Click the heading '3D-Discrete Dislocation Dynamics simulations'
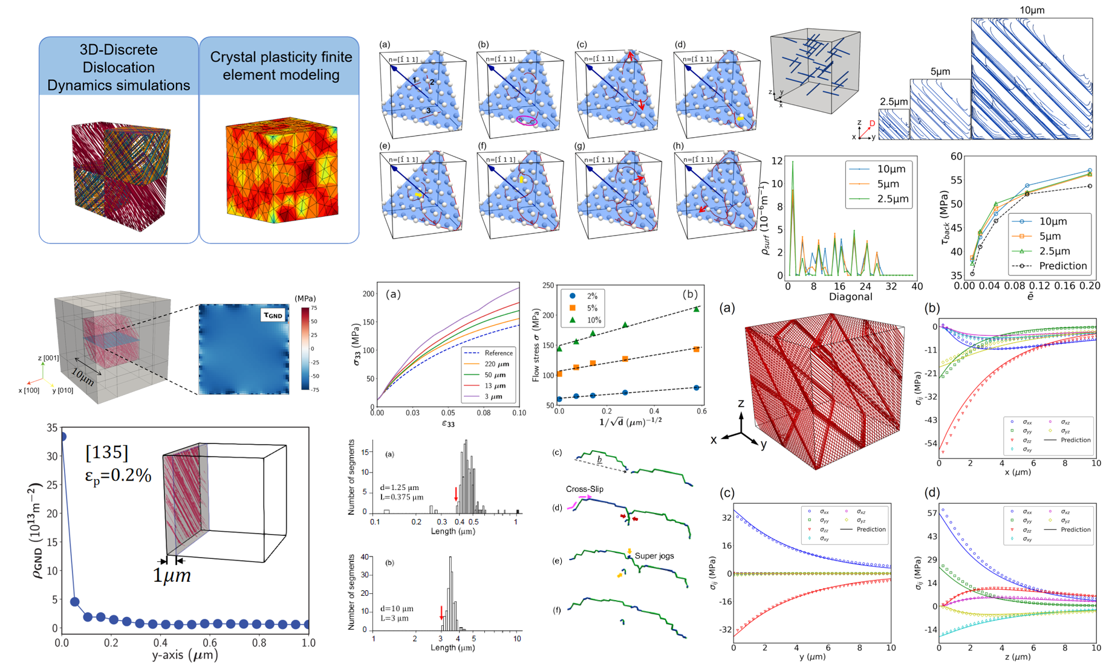pyautogui.click(x=119, y=67)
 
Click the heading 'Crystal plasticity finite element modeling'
pyautogui.click(x=281, y=66)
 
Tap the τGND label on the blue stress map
pyautogui.click(x=273, y=315)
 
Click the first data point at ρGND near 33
pyautogui.click(x=60, y=436)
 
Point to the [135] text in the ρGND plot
pyautogui.click(x=106, y=452)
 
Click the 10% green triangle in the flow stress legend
pyautogui.click(x=572, y=320)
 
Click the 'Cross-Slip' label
pyautogui.click(x=584, y=489)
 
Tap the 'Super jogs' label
pyautogui.click(x=654, y=556)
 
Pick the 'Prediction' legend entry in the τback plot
pyautogui.click(x=1062, y=266)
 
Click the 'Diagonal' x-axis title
pyautogui.click(x=850, y=297)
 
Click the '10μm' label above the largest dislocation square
pyautogui.click(x=1032, y=10)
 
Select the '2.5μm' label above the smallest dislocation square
pyautogui.click(x=893, y=101)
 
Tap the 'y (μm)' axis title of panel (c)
pyautogui.click(x=811, y=657)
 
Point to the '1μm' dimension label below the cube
pyautogui.click(x=172, y=576)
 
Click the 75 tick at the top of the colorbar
pyautogui.click(x=314, y=308)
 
